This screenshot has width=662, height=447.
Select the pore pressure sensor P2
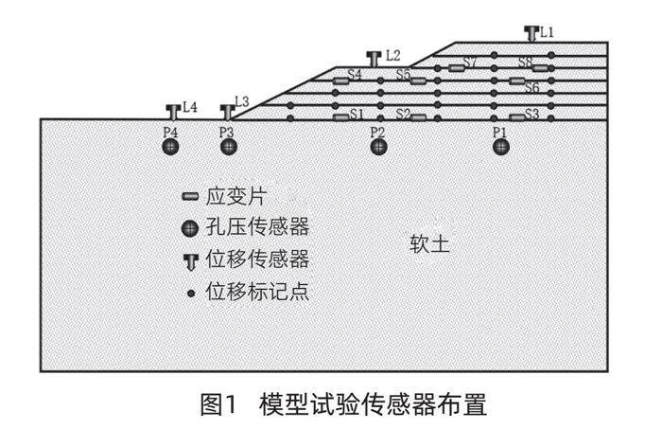[x=378, y=147]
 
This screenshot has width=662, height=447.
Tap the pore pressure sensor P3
[x=227, y=147]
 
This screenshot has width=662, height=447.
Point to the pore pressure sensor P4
[x=170, y=147]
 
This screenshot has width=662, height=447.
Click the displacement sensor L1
[x=531, y=34]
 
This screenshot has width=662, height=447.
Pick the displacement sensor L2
[x=375, y=59]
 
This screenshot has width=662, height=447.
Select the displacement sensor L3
[x=227, y=112]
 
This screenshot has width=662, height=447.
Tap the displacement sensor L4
[x=173, y=112]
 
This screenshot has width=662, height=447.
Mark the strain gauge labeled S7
[x=456, y=67]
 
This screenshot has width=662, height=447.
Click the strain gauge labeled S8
[x=540, y=67]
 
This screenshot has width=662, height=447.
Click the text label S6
[x=532, y=88]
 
